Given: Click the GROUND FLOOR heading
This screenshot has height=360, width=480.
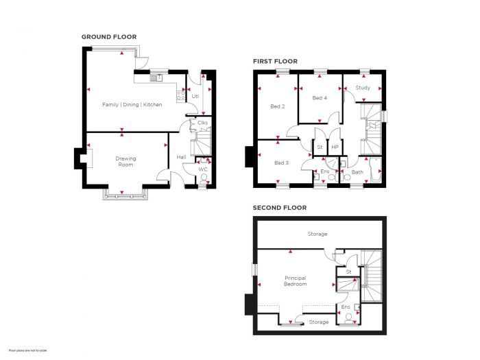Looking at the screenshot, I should coord(108,37).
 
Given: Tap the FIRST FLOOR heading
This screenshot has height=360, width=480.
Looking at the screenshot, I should coord(275,62).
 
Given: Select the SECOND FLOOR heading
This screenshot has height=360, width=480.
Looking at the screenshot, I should coord(279,208).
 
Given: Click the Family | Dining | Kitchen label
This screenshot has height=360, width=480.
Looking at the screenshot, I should coord(132,104).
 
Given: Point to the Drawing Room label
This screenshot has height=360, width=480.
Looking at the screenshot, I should coord(125,162).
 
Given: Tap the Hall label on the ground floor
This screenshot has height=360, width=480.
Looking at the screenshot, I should coord(181,157).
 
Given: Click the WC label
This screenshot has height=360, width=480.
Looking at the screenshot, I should coord(203,169).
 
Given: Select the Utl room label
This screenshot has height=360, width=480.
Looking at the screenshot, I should coord(195,96).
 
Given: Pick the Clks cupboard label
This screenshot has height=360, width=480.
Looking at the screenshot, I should coord(202,123).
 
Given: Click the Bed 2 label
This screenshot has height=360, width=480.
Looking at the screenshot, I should coord(277,106).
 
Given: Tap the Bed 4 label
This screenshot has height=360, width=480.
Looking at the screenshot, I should coord(320,98).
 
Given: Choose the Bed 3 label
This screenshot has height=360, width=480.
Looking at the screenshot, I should coord(281,163).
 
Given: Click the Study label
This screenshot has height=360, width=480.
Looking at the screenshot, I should coord(363,88).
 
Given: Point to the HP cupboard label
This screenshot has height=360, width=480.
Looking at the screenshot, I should coord(335,147).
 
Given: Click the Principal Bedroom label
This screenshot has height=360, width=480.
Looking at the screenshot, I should coord(295,280).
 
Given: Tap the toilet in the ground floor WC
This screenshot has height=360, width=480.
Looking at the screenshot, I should coord(203,180).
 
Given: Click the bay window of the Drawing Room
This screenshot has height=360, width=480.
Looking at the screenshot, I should coord(125,193).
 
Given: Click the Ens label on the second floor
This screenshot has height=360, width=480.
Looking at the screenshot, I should coord(346,307).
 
